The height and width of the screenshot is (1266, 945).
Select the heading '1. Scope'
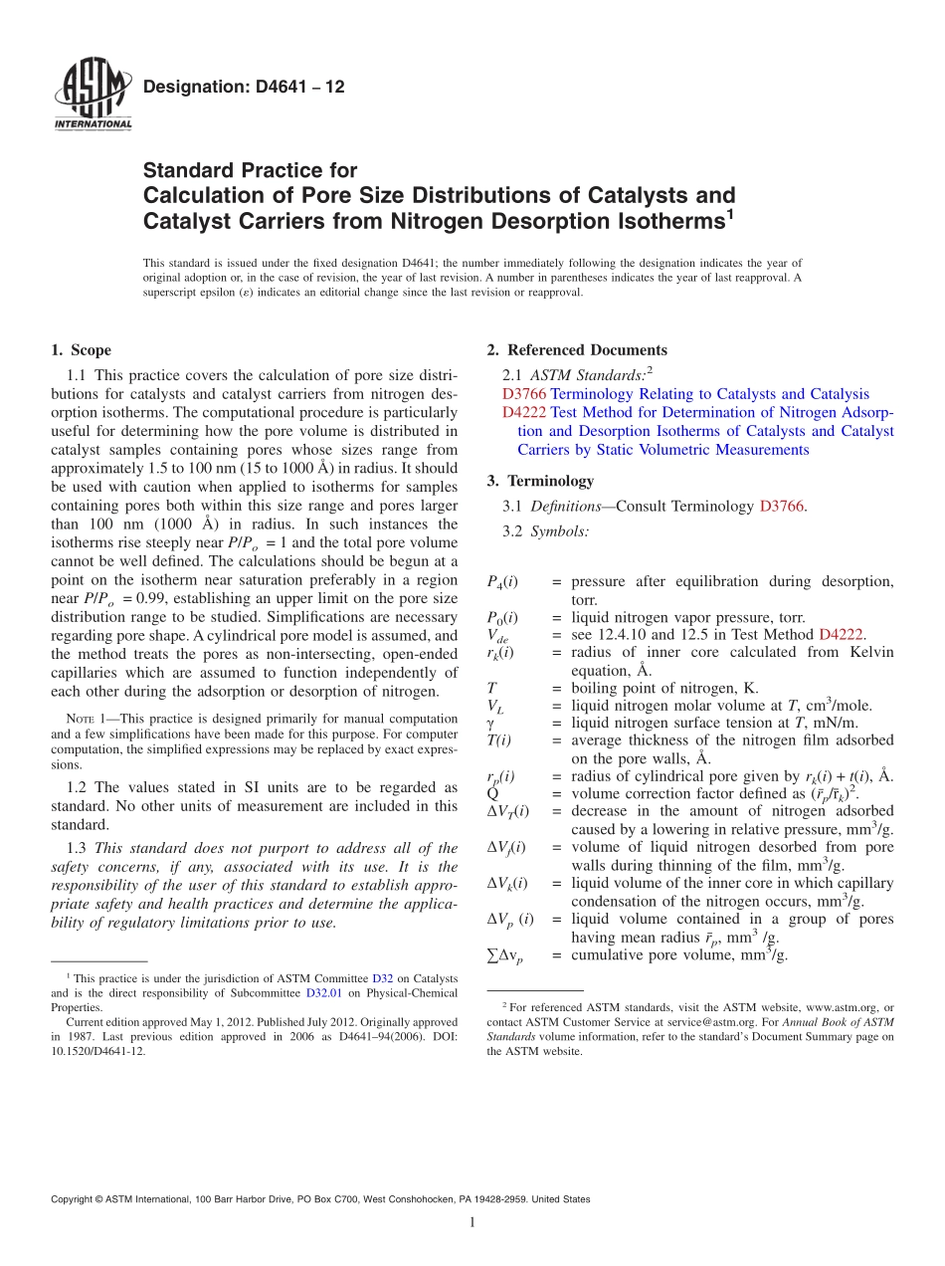click(x=81, y=350)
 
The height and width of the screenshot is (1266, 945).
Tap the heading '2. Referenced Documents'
click(x=577, y=350)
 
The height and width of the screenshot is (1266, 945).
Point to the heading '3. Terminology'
click(x=540, y=481)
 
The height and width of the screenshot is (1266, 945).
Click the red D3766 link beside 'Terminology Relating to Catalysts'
click(x=523, y=394)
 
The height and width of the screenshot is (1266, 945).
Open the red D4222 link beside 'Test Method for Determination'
click(x=523, y=412)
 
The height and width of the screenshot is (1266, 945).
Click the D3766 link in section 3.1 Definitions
click(x=781, y=507)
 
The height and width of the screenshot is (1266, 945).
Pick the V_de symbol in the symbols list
click(x=497, y=636)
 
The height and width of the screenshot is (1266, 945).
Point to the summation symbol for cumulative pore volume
click(x=505, y=955)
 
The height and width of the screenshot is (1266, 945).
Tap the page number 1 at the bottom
click(x=472, y=1223)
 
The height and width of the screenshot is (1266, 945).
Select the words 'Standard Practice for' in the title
click(x=250, y=170)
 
